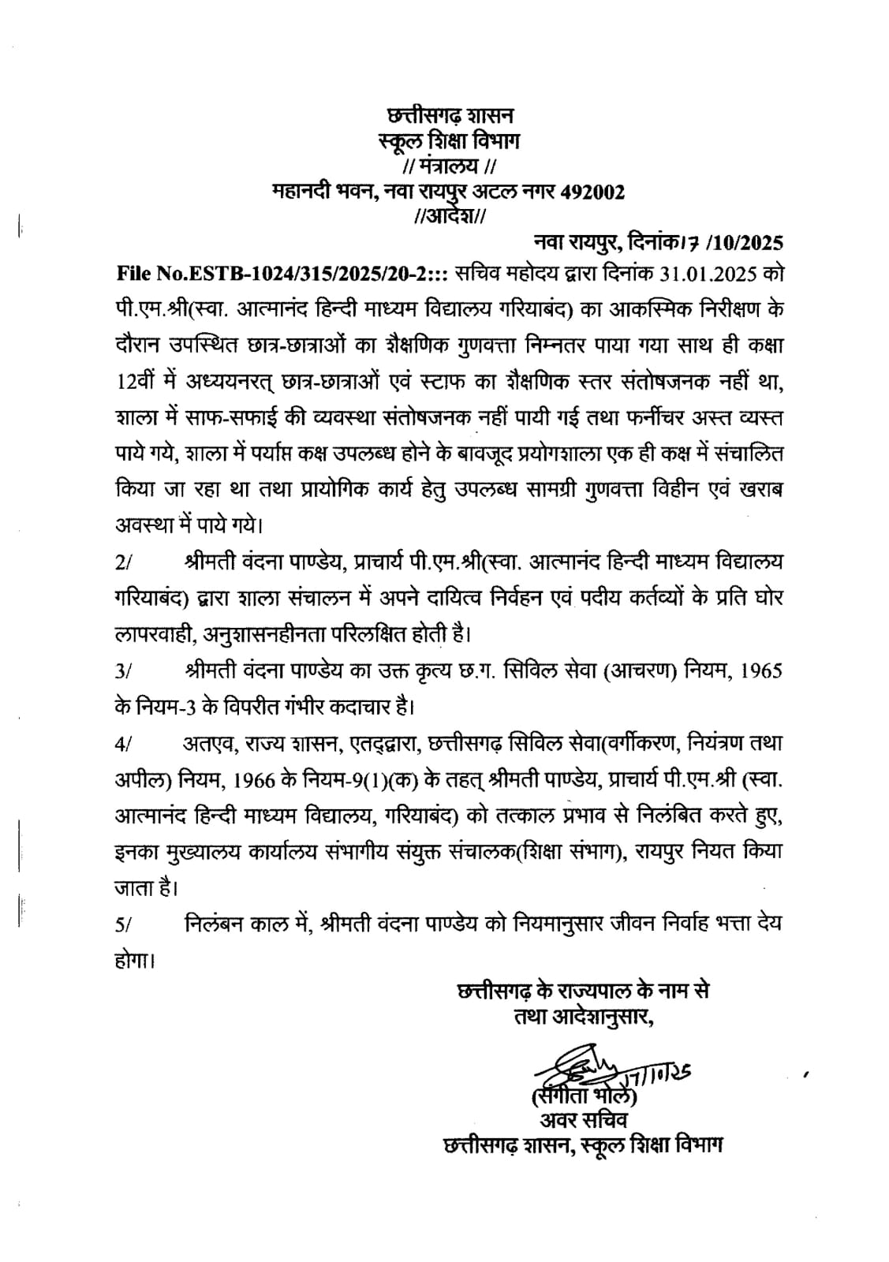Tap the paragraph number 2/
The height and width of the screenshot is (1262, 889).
pos(125,563)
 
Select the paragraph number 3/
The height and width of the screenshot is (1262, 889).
pos(125,672)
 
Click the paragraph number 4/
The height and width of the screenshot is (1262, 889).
pos(125,744)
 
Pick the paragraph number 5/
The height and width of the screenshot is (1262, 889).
pos(125,925)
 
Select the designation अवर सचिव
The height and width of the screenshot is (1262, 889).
pos(584,1119)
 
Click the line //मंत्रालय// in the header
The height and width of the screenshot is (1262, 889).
pos(449,167)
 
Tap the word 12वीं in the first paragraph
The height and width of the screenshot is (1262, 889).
pos(136,381)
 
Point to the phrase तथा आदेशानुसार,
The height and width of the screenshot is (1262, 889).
pos(585,1017)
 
